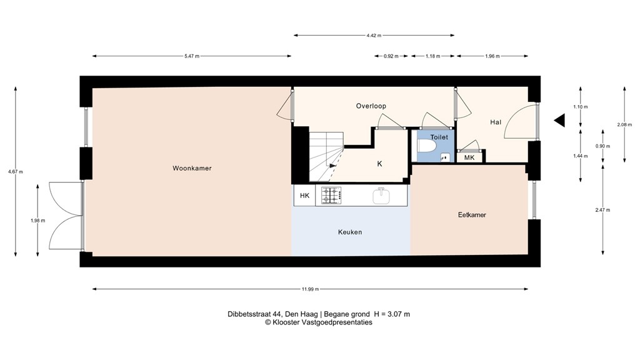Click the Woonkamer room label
tap(187, 168)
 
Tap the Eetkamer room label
tap(472, 215)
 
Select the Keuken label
tap(350, 232)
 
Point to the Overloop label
tap(371, 106)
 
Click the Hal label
tap(496, 122)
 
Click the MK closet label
tap(469, 157)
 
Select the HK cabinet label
tap(304, 196)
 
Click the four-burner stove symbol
tap(332, 196)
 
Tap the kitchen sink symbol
tap(381, 196)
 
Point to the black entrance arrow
tap(559, 121)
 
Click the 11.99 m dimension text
tap(310, 289)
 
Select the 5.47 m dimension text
tap(192, 56)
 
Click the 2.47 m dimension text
tap(602, 209)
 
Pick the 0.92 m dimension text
tap(391, 56)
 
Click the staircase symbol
tap(326, 157)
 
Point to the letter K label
tap(379, 164)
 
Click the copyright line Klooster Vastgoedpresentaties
tap(319, 322)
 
